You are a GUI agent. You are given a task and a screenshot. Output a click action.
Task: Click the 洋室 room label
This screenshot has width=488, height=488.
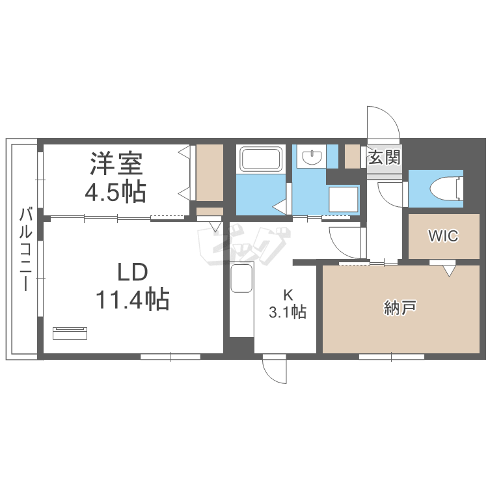click(x=116, y=163)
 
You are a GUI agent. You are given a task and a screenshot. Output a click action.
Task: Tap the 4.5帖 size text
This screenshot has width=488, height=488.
click(x=115, y=191)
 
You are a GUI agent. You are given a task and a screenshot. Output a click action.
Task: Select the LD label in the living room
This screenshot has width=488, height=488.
click(x=132, y=272)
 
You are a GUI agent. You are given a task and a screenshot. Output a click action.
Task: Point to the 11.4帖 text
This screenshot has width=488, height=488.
click(x=132, y=299)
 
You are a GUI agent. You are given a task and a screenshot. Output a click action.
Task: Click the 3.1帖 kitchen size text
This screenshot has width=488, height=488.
click(x=288, y=312)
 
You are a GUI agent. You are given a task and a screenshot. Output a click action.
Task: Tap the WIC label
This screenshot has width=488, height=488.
click(x=444, y=236)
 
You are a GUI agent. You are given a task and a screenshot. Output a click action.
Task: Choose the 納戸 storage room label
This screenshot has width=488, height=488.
click(x=400, y=308)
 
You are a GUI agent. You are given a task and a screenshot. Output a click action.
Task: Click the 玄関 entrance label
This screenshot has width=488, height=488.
click(x=385, y=157)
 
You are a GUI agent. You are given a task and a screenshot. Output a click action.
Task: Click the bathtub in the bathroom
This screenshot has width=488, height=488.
click(x=260, y=159)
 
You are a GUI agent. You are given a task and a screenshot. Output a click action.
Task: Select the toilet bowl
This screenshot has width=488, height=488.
click(x=446, y=188)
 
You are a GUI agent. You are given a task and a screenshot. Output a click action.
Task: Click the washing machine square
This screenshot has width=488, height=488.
click(x=344, y=199)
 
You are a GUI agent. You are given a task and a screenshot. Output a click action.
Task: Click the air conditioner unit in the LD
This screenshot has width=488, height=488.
click(x=70, y=333)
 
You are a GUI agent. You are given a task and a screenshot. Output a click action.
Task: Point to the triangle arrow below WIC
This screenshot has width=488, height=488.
click(x=448, y=271)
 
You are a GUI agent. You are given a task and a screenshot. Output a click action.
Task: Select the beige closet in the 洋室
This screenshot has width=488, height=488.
click(x=210, y=172)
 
